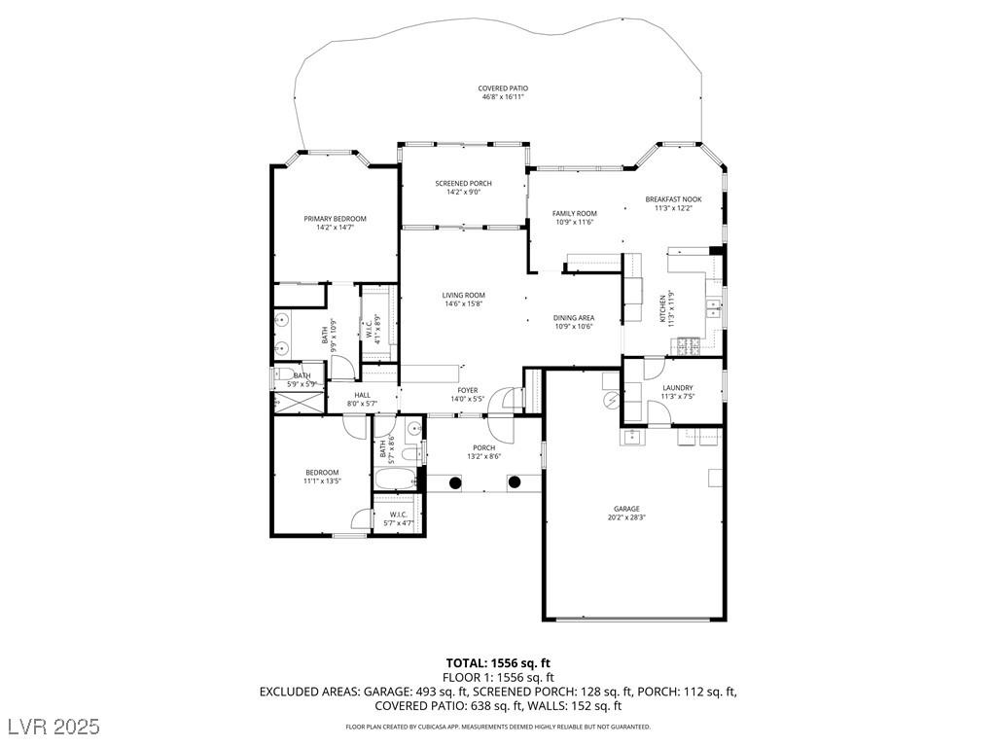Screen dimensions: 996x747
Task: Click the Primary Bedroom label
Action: pyautogui.click(x=335, y=219)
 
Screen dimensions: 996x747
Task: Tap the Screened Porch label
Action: pyautogui.click(x=463, y=184)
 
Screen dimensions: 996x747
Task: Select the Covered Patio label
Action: pyautogui.click(x=503, y=89)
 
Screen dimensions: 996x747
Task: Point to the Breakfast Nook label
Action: pyautogui.click(x=673, y=199)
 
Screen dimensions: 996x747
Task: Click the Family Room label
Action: pyautogui.click(x=574, y=214)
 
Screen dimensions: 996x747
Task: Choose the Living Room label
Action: pyautogui.click(x=464, y=296)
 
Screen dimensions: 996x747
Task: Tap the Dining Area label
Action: pyautogui.click(x=574, y=318)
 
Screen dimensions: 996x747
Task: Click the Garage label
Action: pyautogui.click(x=626, y=509)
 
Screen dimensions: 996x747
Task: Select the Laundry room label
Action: pyautogui.click(x=678, y=388)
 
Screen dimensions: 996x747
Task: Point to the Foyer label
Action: pyautogui.click(x=468, y=391)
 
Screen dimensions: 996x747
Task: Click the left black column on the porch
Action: pyautogui.click(x=455, y=482)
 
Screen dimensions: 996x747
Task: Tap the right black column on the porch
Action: pyautogui.click(x=514, y=482)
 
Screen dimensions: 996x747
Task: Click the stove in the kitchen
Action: pyautogui.click(x=689, y=346)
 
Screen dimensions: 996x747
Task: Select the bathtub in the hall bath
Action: pyautogui.click(x=395, y=479)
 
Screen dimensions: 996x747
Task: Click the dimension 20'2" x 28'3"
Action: pyautogui.click(x=626, y=517)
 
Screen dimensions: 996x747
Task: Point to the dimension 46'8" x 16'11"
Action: pyautogui.click(x=503, y=97)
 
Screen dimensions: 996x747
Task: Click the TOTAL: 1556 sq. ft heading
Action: pyautogui.click(x=498, y=664)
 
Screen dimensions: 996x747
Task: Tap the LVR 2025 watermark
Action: pyautogui.click(x=54, y=726)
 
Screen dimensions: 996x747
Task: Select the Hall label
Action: pyautogui.click(x=362, y=395)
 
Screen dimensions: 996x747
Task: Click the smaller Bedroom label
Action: pyautogui.click(x=322, y=473)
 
